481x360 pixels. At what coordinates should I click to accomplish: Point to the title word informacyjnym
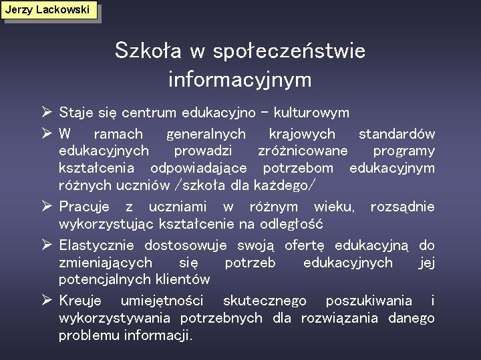[x=240, y=80]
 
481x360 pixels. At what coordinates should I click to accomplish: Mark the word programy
[x=404, y=151]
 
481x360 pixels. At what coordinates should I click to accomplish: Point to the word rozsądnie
[x=402, y=207]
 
